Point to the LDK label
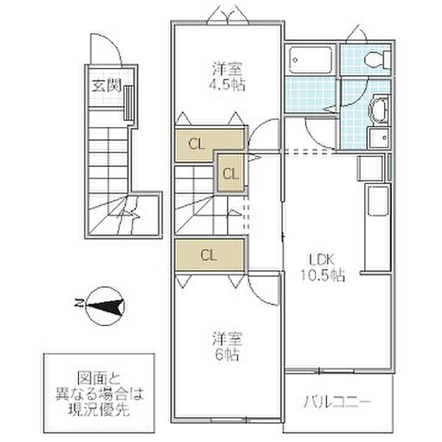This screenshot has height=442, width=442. (322, 259)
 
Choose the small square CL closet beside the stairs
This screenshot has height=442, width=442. (230, 175)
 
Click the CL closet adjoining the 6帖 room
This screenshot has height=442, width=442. (208, 255)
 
